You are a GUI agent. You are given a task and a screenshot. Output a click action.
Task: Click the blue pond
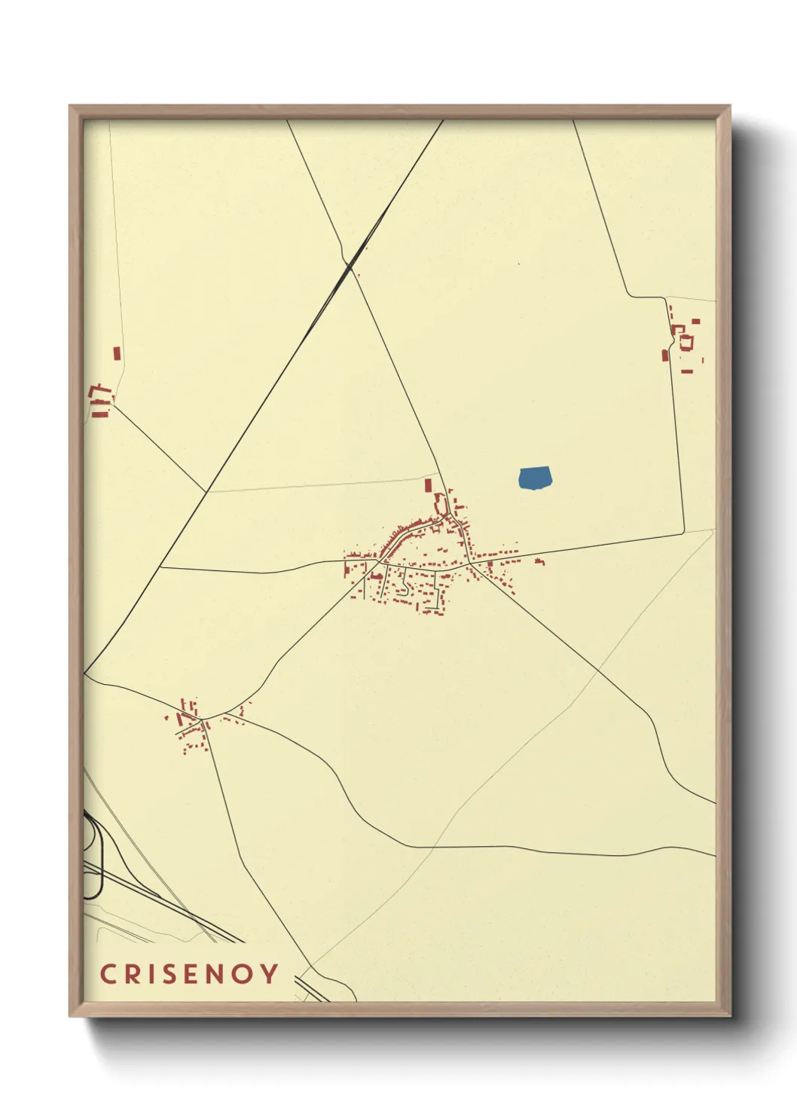pyautogui.click(x=535, y=478)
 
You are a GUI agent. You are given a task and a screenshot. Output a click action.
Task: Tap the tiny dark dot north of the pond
pyautogui.click(x=519, y=264)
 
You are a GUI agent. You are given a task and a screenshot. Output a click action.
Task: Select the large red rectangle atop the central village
pyautogui.click(x=429, y=485)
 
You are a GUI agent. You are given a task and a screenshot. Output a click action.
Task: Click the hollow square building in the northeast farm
pyautogui.click(x=686, y=342)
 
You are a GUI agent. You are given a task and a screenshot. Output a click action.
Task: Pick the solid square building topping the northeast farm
pyautogui.click(x=695, y=322)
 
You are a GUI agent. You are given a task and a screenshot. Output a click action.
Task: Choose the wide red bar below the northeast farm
pyautogui.click(x=687, y=371)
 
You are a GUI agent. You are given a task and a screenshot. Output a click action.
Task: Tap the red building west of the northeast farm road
pyautogui.click(x=665, y=355)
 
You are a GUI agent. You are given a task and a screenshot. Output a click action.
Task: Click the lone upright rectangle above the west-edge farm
pyautogui.click(x=117, y=353)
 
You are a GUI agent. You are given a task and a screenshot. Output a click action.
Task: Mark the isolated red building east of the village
pyautogui.click(x=539, y=561)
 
